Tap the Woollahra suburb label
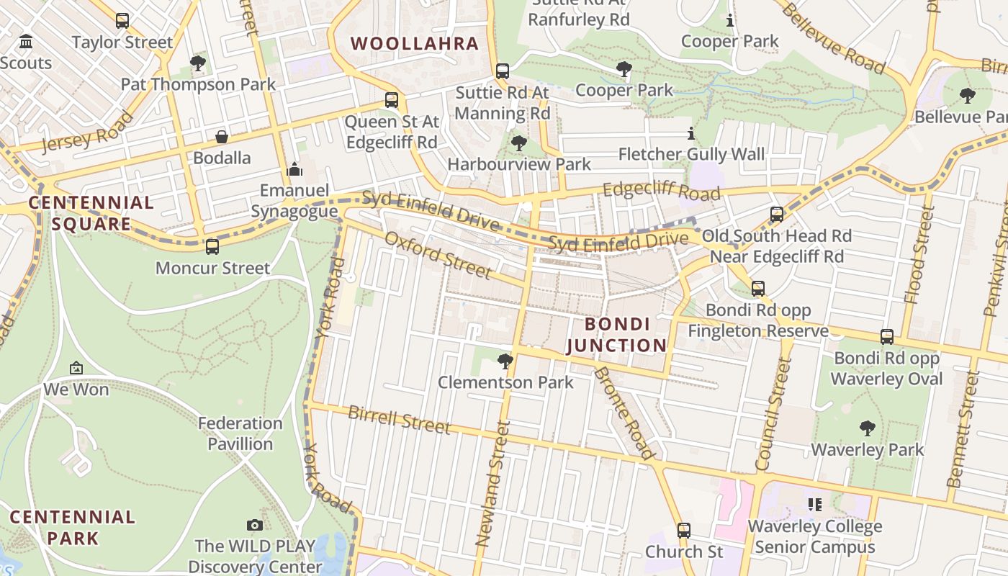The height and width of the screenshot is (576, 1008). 415,43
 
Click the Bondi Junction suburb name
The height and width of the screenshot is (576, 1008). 617,335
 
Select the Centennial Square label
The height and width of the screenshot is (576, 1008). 91,213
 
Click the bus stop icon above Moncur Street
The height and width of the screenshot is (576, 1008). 212,247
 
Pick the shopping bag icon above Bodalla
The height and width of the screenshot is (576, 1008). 222,137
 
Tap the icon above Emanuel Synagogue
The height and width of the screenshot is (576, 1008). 294,170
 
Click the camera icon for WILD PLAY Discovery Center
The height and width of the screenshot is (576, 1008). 254,525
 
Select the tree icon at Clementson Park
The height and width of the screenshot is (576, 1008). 505,361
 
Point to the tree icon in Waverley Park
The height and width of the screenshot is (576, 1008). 868,428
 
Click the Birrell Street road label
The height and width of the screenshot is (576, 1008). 399,420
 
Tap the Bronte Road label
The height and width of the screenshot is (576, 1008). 624,413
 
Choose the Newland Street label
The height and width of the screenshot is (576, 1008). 492,482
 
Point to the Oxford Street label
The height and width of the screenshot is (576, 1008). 438,255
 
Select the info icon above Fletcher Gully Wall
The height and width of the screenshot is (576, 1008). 691,133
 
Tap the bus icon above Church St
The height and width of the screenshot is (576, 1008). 684,531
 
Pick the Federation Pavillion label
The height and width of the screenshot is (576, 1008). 240,433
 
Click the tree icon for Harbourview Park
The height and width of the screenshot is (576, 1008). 518,143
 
